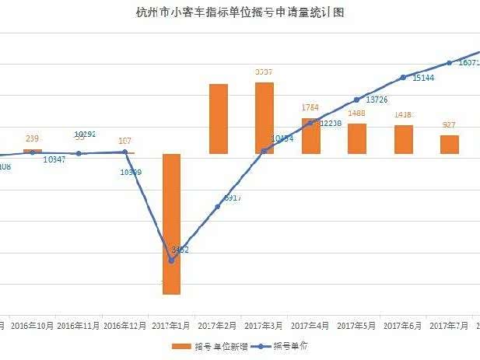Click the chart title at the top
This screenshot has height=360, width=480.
pyautogui.click(x=240, y=13)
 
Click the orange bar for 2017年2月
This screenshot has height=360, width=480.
pyautogui.click(x=218, y=118)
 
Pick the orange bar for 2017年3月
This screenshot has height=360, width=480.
pyautogui.click(x=265, y=117)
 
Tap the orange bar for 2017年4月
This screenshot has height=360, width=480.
pyautogui.click(x=311, y=136)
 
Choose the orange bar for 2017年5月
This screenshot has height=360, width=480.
pyautogui.click(x=357, y=138)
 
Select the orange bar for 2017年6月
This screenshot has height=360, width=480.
pyautogui.click(x=403, y=139)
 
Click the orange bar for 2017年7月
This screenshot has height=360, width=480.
pyautogui.click(x=450, y=144)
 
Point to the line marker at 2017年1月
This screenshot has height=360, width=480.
pyautogui.click(x=171, y=259)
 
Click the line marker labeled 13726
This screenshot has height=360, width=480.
pyautogui.click(x=356, y=100)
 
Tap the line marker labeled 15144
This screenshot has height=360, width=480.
pyautogui.click(x=403, y=78)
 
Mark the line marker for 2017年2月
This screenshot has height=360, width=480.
pyautogui.click(x=218, y=206)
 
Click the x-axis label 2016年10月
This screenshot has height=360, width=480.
pyautogui.click(x=32, y=325)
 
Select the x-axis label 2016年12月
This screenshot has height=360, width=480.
pyautogui.click(x=124, y=325)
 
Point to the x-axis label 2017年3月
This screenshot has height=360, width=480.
pyautogui.click(x=265, y=325)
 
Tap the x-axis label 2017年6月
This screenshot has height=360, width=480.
pyautogui.click(x=403, y=325)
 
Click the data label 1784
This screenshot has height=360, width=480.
pyautogui.click(x=310, y=107)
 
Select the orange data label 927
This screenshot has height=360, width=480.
pyautogui.click(x=449, y=124)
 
